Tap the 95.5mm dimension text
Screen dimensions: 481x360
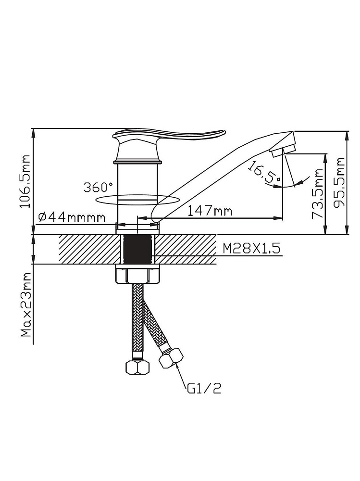pyautogui.click(x=340, y=183)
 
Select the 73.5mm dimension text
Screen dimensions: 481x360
pyautogui.click(x=318, y=194)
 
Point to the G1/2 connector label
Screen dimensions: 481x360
pyautogui.click(x=204, y=388)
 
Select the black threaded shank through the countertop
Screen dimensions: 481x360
pyautogui.click(x=137, y=249)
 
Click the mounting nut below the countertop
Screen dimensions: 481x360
pyautogui.click(x=137, y=275)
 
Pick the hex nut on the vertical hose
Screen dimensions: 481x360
pyautogui.click(x=137, y=367)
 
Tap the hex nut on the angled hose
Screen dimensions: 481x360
pyautogui.click(x=171, y=358)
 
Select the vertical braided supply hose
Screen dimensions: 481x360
pyautogui.click(x=137, y=317)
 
